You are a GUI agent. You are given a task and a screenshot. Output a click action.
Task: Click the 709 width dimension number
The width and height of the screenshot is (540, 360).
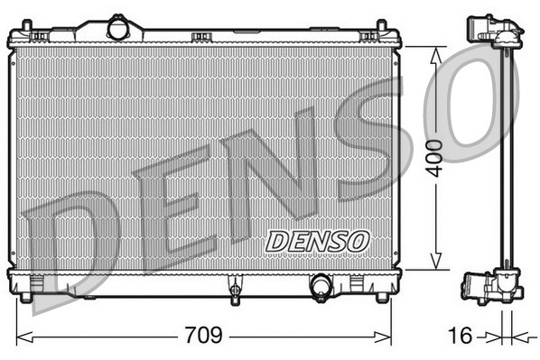pyautogui.click(x=203, y=337)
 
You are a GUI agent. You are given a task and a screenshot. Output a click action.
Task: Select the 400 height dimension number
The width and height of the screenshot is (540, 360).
pyautogui.click(x=438, y=158)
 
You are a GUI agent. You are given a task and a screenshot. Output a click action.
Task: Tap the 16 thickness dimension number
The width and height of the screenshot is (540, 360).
pyautogui.click(x=460, y=337)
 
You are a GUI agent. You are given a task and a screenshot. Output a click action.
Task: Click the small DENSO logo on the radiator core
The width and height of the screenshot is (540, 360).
pyautogui.click(x=318, y=241)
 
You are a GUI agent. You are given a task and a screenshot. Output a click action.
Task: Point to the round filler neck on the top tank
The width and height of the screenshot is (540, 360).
pyautogui.click(x=118, y=29)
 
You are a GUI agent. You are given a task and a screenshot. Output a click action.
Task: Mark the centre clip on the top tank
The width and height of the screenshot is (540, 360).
pyautogui.click(x=201, y=37)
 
